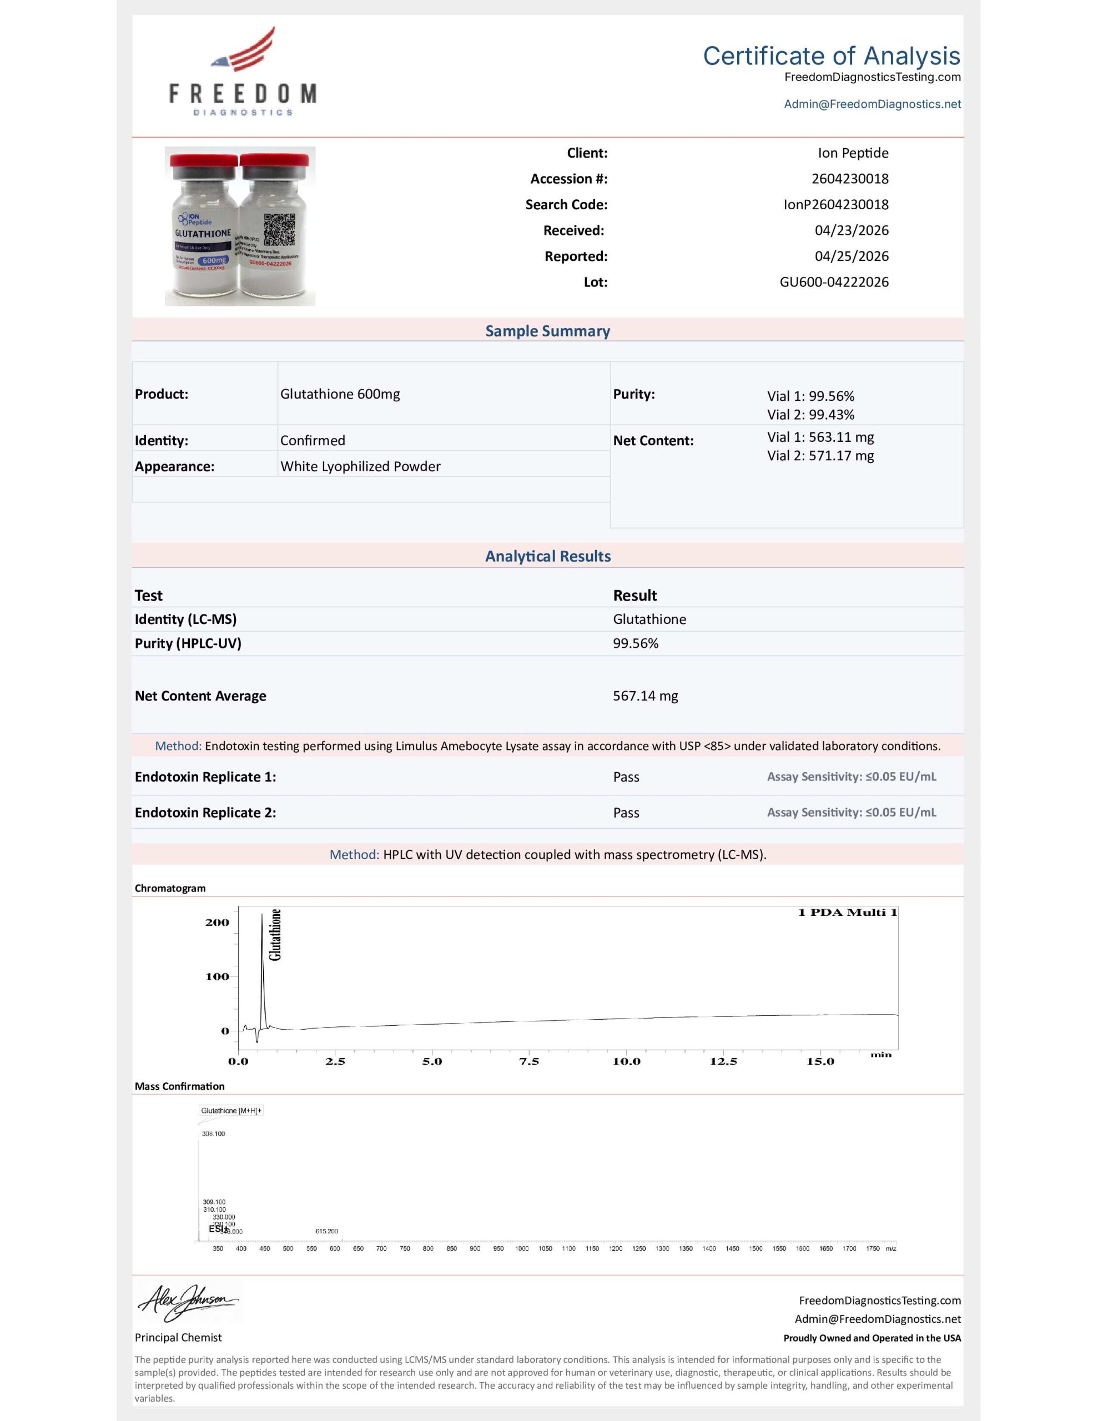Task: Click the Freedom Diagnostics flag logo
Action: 244,50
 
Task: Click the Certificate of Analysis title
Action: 831,56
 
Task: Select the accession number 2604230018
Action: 849,179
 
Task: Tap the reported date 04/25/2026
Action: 852,256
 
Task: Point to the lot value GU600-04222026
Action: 834,283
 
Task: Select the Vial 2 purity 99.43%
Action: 810,415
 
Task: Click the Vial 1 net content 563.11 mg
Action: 820,437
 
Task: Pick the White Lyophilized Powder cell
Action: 360,466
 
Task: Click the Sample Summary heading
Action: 547,331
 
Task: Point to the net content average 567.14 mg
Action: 645,696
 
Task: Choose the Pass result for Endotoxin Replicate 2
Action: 626,813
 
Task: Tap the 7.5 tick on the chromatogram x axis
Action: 528,1061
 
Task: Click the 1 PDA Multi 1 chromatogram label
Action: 847,913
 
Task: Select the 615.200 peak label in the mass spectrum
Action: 327,1231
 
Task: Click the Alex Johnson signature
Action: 188,1303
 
